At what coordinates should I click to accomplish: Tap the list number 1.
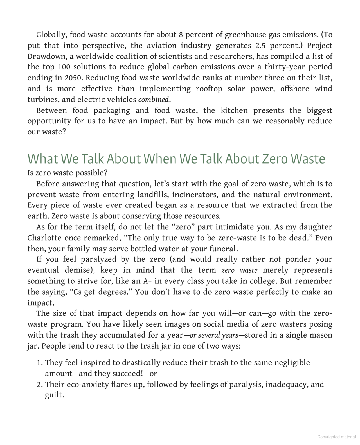(x=40, y=363)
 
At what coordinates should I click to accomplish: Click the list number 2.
(x=40, y=384)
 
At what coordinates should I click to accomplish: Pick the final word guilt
(x=54, y=395)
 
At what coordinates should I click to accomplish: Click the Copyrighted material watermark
(x=336, y=437)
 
